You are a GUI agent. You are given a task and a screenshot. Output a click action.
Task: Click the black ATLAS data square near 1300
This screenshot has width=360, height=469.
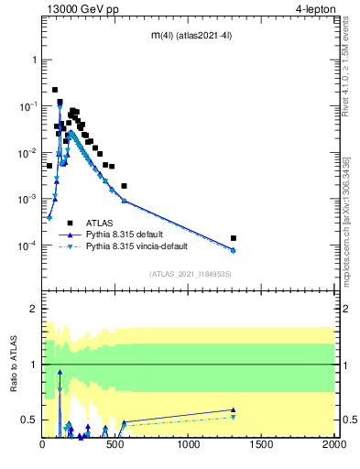click(234, 238)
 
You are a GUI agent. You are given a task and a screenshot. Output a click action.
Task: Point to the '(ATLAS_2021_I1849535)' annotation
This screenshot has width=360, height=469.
click(190, 274)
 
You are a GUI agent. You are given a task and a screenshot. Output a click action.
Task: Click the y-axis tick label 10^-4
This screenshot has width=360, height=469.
click(27, 245)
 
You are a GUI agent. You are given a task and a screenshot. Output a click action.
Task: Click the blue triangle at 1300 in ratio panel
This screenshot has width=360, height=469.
click(234, 409)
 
